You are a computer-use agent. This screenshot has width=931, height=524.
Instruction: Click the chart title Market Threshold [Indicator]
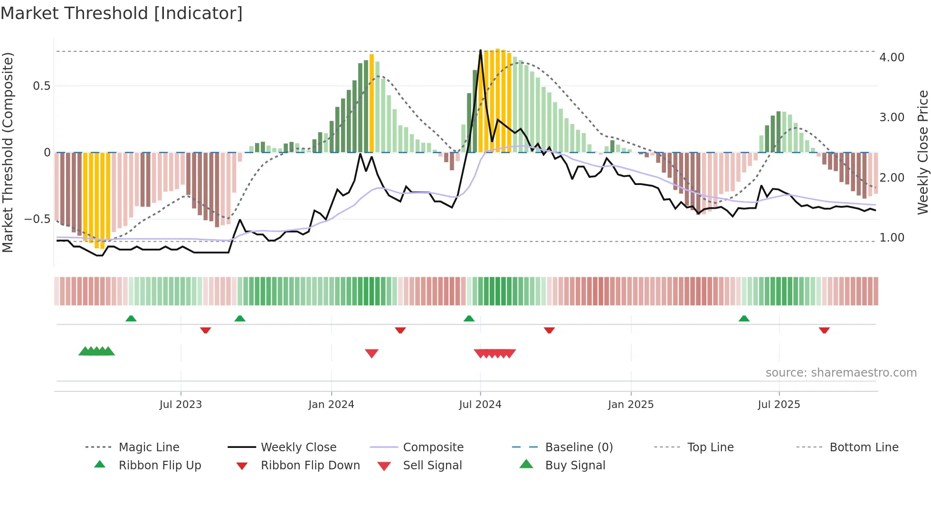122,13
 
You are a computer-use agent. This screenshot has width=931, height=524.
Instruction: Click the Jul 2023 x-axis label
180,405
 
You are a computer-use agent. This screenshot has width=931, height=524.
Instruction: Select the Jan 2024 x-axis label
331,405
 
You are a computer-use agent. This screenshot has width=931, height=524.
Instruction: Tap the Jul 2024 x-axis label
480,405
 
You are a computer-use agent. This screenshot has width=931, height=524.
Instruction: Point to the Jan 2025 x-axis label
631,405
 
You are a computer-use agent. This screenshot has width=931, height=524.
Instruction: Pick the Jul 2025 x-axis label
779,405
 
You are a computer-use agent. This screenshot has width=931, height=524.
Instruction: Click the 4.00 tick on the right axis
892,58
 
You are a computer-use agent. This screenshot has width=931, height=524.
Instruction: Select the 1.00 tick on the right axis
892,238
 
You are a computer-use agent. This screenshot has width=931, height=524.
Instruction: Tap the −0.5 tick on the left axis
38,219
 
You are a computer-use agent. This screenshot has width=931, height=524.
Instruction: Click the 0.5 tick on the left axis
41,86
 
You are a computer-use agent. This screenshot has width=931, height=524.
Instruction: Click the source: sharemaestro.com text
841,373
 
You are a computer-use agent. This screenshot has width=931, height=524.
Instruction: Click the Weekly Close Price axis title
922,152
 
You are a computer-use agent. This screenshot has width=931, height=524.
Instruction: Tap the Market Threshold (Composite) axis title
8,152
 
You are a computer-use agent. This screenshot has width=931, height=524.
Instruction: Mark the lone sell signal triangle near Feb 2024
371,353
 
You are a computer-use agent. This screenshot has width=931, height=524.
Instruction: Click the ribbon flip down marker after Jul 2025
824,330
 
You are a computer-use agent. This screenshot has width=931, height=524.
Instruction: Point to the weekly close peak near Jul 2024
481,50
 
